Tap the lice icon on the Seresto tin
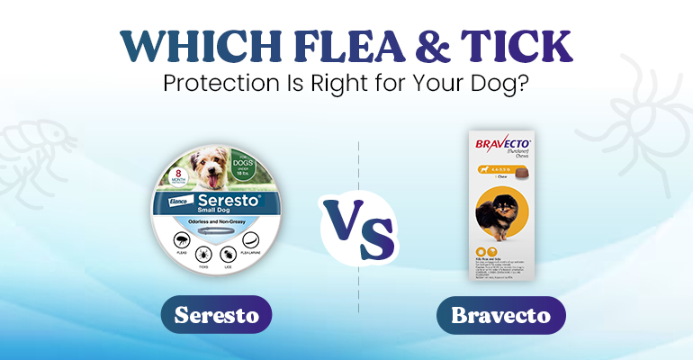(x=228, y=255)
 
